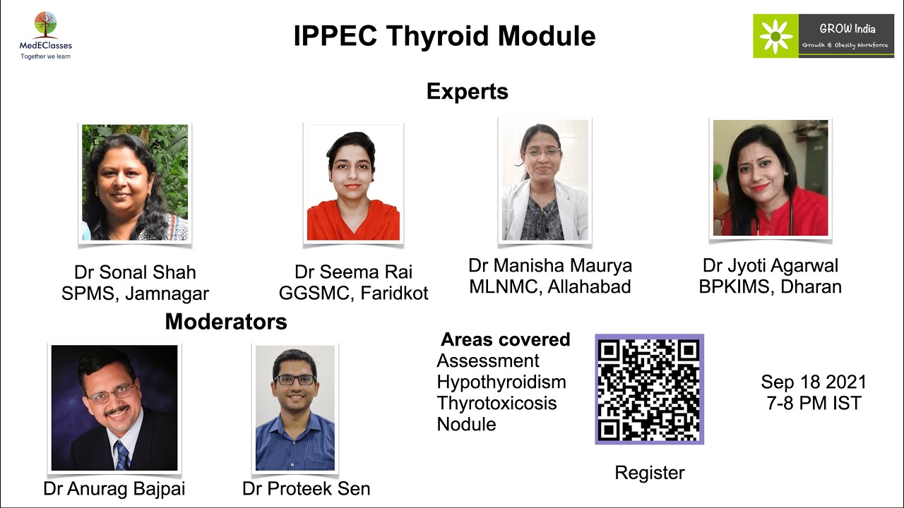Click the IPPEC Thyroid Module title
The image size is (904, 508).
click(x=444, y=36)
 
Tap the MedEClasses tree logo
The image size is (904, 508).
click(x=45, y=26)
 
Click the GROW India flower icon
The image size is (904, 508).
click(x=775, y=35)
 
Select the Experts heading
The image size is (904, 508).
click(x=467, y=92)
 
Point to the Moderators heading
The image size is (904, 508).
click(x=226, y=322)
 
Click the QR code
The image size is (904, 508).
click(x=649, y=389)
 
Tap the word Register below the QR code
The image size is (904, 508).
click(x=649, y=473)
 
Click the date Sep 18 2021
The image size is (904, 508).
click(x=813, y=382)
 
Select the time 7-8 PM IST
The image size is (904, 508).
click(x=813, y=404)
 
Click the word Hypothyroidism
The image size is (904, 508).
click(x=501, y=382)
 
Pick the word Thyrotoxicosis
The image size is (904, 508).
click(x=496, y=404)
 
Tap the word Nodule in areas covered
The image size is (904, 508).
click(x=466, y=425)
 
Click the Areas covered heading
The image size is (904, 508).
click(x=505, y=339)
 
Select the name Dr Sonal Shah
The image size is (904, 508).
click(x=135, y=272)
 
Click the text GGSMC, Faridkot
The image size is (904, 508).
click(x=353, y=294)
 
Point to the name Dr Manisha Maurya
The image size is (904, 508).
click(x=549, y=265)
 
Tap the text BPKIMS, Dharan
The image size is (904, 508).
click(x=770, y=287)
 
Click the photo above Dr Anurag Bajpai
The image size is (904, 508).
click(x=114, y=408)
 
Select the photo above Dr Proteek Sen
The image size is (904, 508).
click(x=295, y=408)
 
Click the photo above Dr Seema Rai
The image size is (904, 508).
click(x=353, y=183)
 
